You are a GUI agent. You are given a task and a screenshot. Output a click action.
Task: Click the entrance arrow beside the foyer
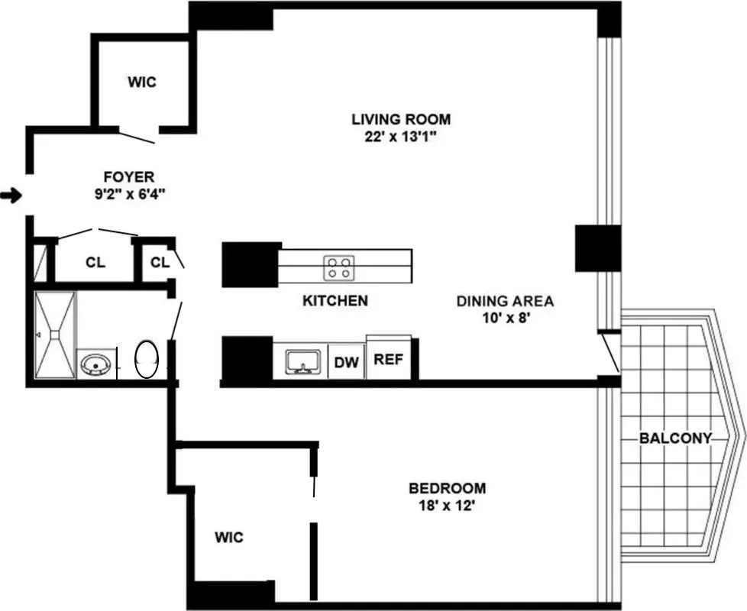[x=11, y=196]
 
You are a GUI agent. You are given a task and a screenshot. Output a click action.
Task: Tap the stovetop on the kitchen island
[x=340, y=267]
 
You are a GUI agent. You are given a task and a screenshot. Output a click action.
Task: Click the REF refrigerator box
[x=388, y=360]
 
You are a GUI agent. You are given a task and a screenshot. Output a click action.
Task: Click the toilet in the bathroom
[x=147, y=359]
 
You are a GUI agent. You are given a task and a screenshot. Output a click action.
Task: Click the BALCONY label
[x=675, y=438]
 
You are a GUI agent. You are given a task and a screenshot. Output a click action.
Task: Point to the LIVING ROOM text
[x=400, y=119]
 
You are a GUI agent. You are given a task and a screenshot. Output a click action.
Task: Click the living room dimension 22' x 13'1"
[x=400, y=137]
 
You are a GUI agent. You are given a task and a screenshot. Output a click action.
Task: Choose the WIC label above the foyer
[x=141, y=82]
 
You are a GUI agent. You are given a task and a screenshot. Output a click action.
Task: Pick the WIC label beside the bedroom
[x=228, y=538]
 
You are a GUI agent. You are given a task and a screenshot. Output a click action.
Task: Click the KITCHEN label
[x=335, y=301]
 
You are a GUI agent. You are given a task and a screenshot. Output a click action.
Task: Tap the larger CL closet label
[x=95, y=263]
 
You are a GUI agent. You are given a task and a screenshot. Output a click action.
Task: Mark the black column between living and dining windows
[x=597, y=248]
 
